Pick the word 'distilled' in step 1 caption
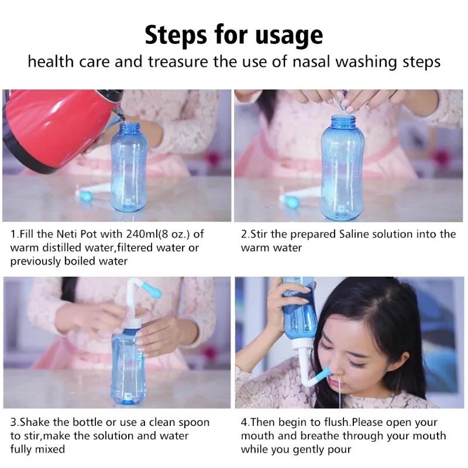click(64, 247)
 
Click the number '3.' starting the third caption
click(15, 422)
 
